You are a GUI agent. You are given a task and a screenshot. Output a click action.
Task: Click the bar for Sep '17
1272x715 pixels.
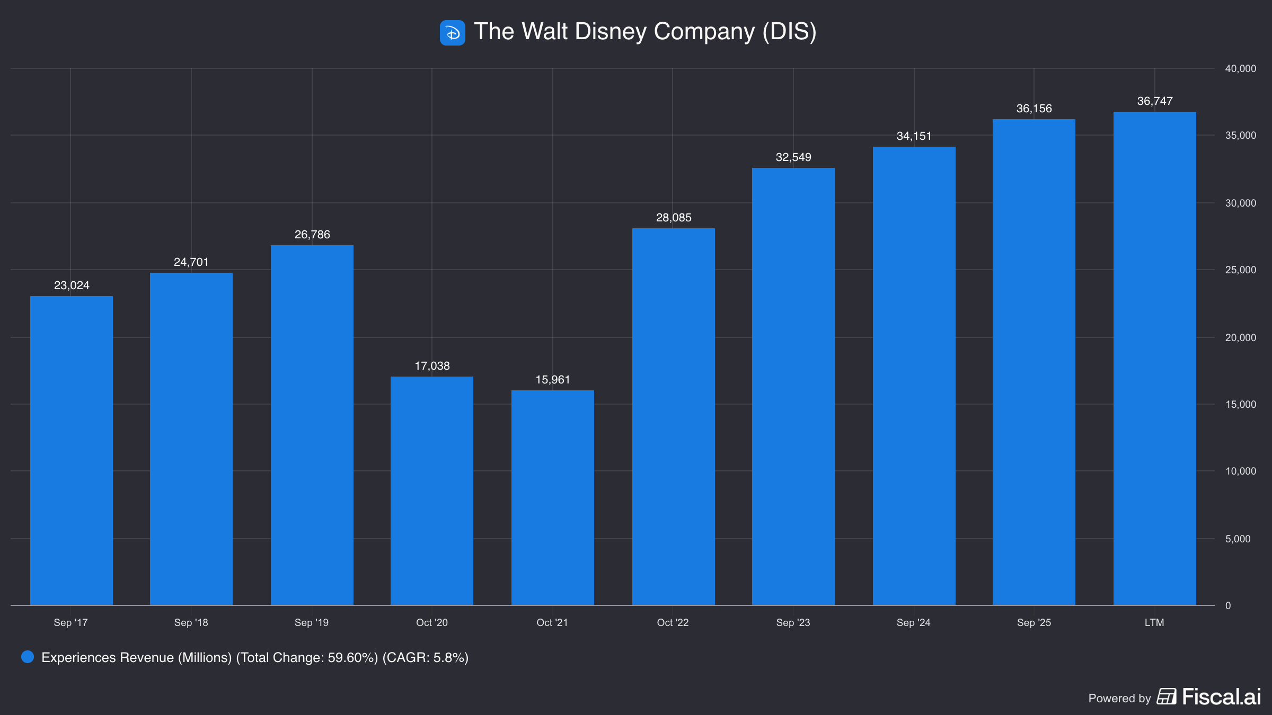72,450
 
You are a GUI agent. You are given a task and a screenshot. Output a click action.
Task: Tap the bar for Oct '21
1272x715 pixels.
553,497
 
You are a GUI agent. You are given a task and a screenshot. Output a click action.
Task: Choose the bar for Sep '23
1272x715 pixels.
793,386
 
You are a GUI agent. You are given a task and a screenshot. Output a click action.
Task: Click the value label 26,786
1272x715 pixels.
312,235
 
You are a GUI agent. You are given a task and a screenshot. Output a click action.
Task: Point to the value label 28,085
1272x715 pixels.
674,218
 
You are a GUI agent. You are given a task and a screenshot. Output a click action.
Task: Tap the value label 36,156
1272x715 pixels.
1034,109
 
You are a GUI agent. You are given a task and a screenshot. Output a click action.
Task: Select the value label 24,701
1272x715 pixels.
191,262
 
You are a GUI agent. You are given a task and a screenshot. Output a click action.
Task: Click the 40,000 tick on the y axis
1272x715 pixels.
1240,68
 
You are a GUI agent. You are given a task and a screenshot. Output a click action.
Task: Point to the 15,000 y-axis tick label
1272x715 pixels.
1240,404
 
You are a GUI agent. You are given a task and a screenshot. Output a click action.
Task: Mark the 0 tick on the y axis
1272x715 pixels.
1228,605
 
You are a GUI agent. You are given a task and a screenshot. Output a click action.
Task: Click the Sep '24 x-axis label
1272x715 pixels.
913,622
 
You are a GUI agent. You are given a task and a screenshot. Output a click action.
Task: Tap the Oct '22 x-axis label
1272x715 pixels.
673,622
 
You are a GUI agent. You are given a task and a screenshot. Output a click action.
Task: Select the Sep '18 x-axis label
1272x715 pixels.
191,622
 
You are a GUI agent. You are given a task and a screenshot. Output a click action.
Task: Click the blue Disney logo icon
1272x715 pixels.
452,33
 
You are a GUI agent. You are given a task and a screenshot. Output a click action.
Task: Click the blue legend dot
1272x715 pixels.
28,657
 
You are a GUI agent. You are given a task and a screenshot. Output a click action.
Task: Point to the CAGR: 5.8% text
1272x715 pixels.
426,657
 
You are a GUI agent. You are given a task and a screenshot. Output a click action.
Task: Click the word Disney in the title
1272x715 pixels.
611,32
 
